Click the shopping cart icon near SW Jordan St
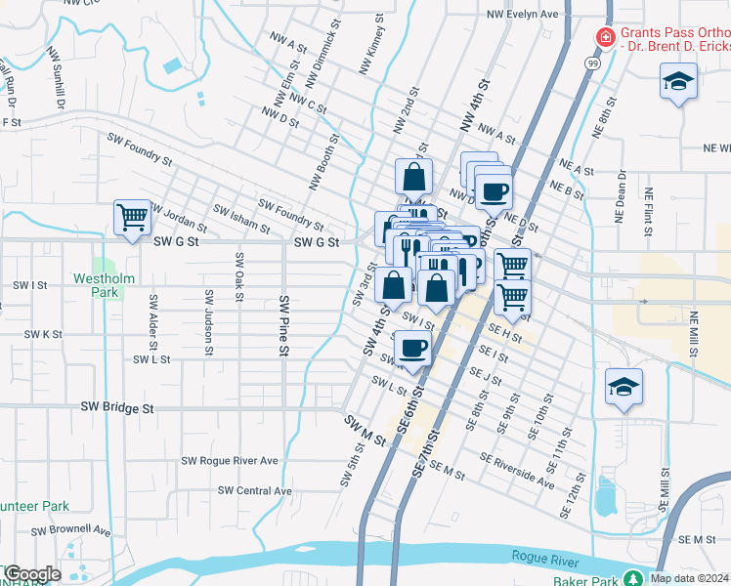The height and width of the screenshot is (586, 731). pos(132,217)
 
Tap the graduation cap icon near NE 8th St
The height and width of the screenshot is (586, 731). pos(677,82)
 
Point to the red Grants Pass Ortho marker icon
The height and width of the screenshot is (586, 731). pos(605,38)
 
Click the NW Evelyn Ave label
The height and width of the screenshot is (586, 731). pos(522,15)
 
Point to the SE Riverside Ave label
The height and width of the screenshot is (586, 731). pos(517,465)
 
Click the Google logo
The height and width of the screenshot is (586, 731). pos(32,574)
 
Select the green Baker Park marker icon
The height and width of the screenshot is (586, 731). pos(633,578)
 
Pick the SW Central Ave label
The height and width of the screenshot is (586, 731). pos(255,490)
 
